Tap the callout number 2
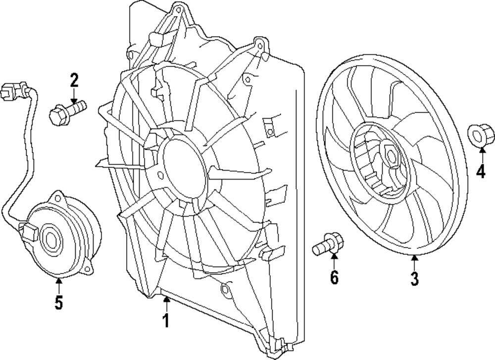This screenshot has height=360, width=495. coord(74,79)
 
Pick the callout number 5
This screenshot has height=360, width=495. coord(58,302)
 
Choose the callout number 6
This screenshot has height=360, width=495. coord(334,278)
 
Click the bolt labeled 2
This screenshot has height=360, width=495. coord(67,111)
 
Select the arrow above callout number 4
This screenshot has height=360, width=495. coord(480,154)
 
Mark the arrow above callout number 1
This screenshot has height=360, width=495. coord(166,302)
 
